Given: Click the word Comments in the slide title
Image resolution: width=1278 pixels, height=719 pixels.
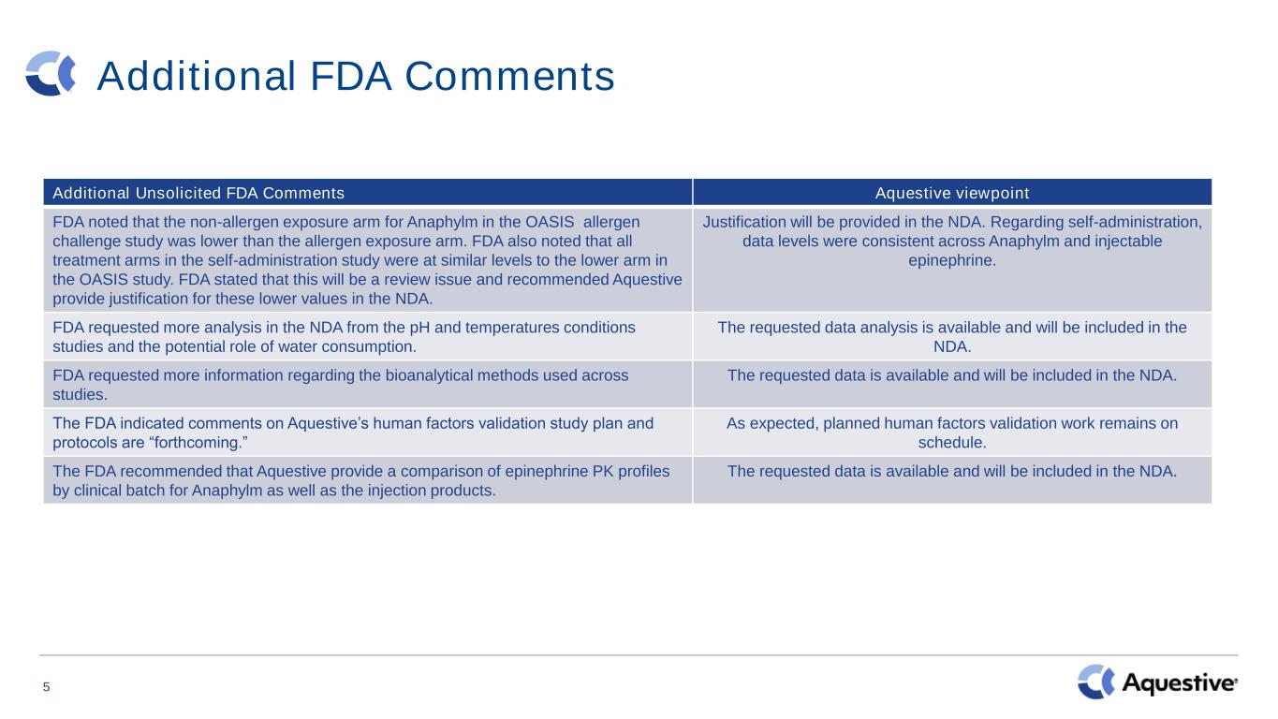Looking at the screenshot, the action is pos(509,76).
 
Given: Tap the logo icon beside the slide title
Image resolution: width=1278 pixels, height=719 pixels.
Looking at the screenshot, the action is pos(51,74).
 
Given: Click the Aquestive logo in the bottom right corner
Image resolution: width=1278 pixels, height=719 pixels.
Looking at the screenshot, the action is pos(1157,682).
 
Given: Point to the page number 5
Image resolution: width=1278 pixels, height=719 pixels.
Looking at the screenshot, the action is pos(46,687).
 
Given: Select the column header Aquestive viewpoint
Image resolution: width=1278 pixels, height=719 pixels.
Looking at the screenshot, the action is pos(952,193).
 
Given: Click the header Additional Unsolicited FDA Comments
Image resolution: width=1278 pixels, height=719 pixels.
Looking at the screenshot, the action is pos(198,193).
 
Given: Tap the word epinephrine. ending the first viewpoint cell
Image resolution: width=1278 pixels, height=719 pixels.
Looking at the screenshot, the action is pos(952,261).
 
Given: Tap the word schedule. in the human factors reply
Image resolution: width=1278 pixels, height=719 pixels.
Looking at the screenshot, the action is pos(952,443).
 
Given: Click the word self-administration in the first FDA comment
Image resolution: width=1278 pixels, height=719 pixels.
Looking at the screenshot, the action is pos(283,260).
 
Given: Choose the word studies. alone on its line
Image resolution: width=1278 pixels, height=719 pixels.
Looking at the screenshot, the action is pos(80,395).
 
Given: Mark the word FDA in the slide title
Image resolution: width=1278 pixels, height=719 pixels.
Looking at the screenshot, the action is pos(351,76).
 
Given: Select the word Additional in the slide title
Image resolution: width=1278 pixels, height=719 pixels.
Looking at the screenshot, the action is pos(197,76).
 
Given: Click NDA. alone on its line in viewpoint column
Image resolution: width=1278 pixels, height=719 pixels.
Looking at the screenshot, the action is pos(952,347).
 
